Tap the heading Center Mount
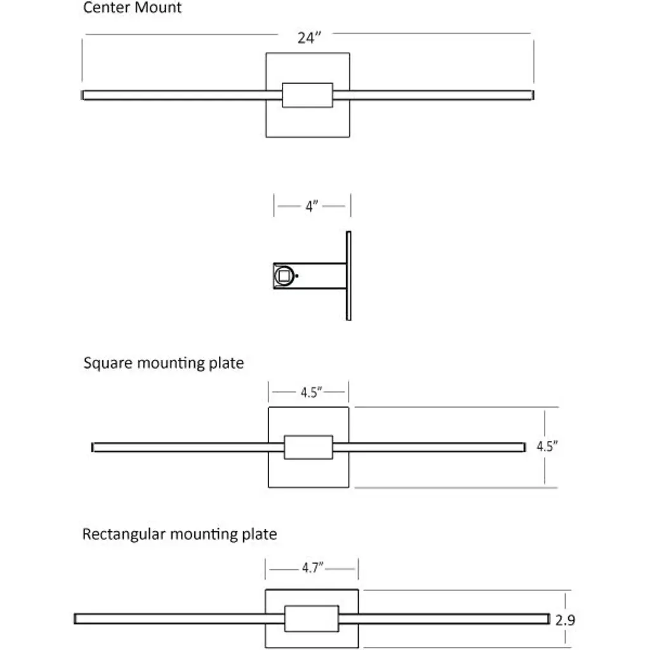coord(132,8)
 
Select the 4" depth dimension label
coord(311,206)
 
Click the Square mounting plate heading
coord(163,363)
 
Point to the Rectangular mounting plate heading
coord(180,534)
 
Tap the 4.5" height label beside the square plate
coord(547,446)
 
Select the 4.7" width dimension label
coord(313,568)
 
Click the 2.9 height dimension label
coord(565,620)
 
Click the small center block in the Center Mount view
coord(307,95)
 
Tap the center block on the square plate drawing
coord(308,447)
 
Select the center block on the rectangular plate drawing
coord(311,619)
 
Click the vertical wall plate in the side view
coord(348,275)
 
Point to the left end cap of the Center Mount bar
coord(83,95)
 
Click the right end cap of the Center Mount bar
coord(532,95)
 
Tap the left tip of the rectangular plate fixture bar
coord(76,618)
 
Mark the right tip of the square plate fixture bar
coord(524,447)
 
